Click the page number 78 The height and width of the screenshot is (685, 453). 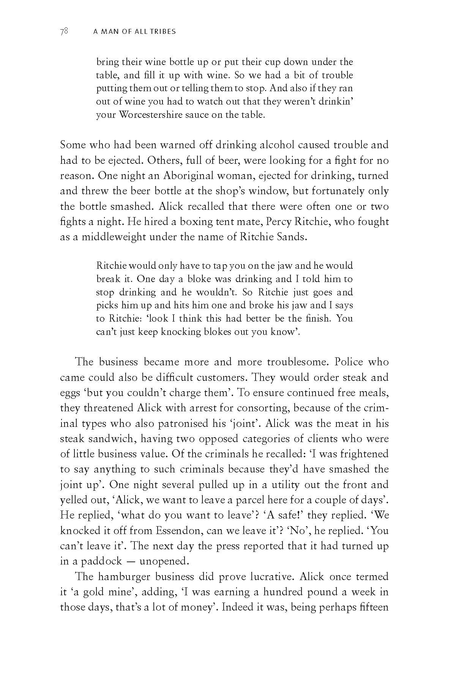click(64, 32)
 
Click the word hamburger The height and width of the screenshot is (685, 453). click(124, 577)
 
